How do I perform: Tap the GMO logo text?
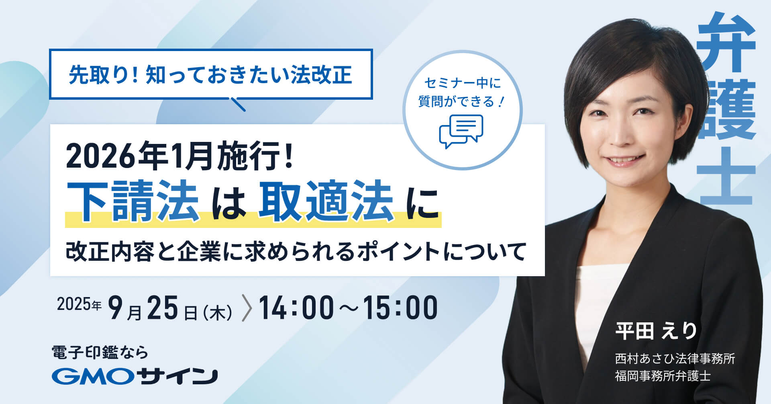pyautogui.click(x=95, y=376)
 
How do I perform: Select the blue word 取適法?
pyautogui.click(x=326, y=201)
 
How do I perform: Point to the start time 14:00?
pyautogui.click(x=296, y=308)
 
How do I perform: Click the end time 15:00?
pyautogui.click(x=400, y=308)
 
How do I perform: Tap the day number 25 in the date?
pyautogui.click(x=162, y=308)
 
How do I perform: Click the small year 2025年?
pyautogui.click(x=79, y=304)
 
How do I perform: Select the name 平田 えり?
pyautogui.click(x=656, y=331)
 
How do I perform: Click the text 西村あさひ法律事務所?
pyautogui.click(x=675, y=358)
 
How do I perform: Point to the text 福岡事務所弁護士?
pyautogui.click(x=663, y=376)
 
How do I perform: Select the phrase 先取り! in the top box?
pyautogui.click(x=104, y=75)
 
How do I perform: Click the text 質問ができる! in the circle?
pyautogui.click(x=461, y=101)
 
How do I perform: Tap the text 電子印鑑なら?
pyautogui.click(x=100, y=353)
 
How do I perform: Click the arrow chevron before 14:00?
pyautogui.click(x=247, y=308)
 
